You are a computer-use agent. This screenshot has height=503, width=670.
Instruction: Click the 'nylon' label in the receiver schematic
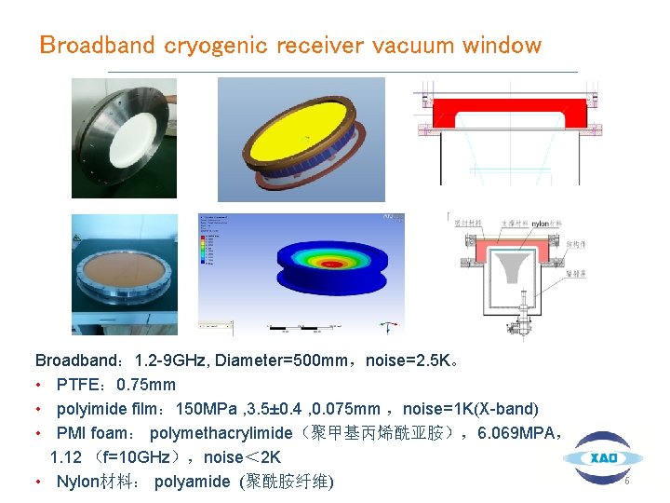[x=541, y=224]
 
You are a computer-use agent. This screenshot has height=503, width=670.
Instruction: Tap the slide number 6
[x=627, y=482]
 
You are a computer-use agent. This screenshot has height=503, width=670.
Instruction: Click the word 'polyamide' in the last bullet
[x=191, y=482]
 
